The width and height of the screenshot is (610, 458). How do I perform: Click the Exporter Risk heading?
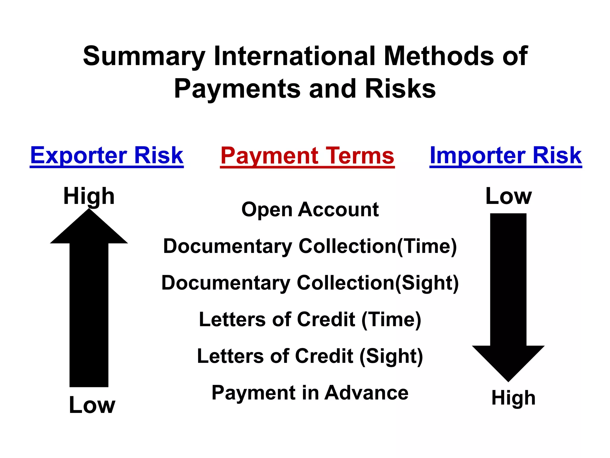107,156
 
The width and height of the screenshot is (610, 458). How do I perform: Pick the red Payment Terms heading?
307,156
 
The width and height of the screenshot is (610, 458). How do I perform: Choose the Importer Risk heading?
505,156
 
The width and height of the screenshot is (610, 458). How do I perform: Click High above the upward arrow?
89,196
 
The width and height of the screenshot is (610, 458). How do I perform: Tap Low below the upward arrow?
92,405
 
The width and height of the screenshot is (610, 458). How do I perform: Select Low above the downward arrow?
508,196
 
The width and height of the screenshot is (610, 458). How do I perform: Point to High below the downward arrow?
513,398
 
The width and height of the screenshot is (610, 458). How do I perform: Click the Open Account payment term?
310,209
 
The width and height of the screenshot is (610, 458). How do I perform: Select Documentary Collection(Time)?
310,246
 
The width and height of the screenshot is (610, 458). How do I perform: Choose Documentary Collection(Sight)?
310,283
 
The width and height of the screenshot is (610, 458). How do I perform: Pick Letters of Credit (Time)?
310,320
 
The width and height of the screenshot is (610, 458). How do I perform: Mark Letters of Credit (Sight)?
310,356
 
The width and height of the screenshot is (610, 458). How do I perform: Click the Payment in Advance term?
310,393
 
